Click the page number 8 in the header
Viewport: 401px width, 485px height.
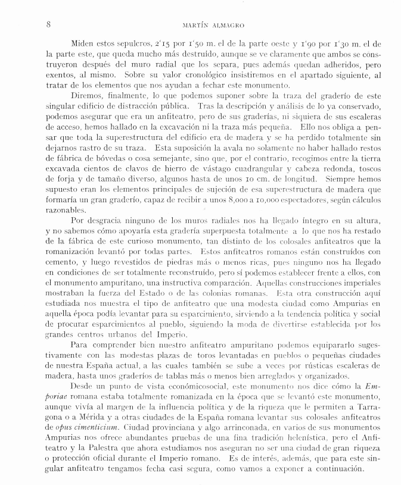48,24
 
